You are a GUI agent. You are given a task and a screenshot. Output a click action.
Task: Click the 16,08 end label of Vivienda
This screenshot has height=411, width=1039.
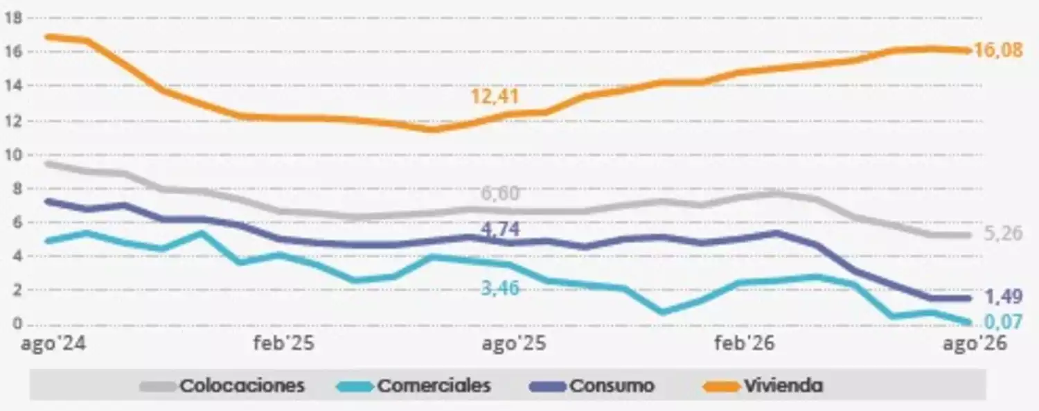pyautogui.click(x=998, y=50)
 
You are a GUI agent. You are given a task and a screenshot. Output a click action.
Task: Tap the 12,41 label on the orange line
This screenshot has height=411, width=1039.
pyautogui.click(x=495, y=96)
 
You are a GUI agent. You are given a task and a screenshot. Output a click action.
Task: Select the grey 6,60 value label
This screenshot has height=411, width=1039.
pyautogui.click(x=500, y=193)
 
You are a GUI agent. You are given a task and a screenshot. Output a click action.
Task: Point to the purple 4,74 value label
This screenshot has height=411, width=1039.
pyautogui.click(x=500, y=229)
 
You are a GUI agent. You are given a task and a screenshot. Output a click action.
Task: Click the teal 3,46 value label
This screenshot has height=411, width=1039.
pyautogui.click(x=500, y=288)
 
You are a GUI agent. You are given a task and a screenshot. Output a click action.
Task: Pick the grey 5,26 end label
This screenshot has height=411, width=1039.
pyautogui.click(x=1003, y=234)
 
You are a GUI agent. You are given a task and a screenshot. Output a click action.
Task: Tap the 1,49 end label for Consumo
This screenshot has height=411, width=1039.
pyautogui.click(x=1003, y=297)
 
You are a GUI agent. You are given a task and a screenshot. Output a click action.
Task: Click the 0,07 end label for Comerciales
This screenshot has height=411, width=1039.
pyautogui.click(x=1003, y=321)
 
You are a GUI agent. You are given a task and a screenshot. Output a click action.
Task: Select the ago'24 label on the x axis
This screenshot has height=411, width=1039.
pyautogui.click(x=53, y=344)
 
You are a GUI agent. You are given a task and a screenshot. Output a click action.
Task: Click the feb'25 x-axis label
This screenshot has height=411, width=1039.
pyautogui.click(x=284, y=343)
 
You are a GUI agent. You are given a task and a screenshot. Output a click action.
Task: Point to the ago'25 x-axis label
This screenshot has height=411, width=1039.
pyautogui.click(x=514, y=344)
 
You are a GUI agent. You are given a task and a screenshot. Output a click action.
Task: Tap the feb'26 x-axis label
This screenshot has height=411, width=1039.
pyautogui.click(x=745, y=343)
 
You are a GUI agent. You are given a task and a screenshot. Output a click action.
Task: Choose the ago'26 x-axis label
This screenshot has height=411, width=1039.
pyautogui.click(x=975, y=344)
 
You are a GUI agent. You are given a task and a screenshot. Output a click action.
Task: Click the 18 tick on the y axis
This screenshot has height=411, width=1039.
pyautogui.click(x=13, y=17)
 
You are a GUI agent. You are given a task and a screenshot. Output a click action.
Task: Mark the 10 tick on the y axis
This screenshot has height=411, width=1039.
pyautogui.click(x=13, y=155)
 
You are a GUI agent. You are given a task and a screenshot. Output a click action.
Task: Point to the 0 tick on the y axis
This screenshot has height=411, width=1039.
pyautogui.click(x=17, y=324)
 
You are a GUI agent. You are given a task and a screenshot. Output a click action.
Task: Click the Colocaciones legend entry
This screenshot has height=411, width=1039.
pyautogui.click(x=222, y=385)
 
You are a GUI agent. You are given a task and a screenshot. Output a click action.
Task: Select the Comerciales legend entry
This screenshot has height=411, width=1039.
pyautogui.click(x=414, y=385)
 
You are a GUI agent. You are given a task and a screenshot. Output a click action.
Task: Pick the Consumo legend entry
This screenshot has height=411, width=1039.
pyautogui.click(x=592, y=385)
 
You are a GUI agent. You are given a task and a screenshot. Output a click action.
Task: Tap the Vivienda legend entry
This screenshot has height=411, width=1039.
pyautogui.click(x=763, y=385)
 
